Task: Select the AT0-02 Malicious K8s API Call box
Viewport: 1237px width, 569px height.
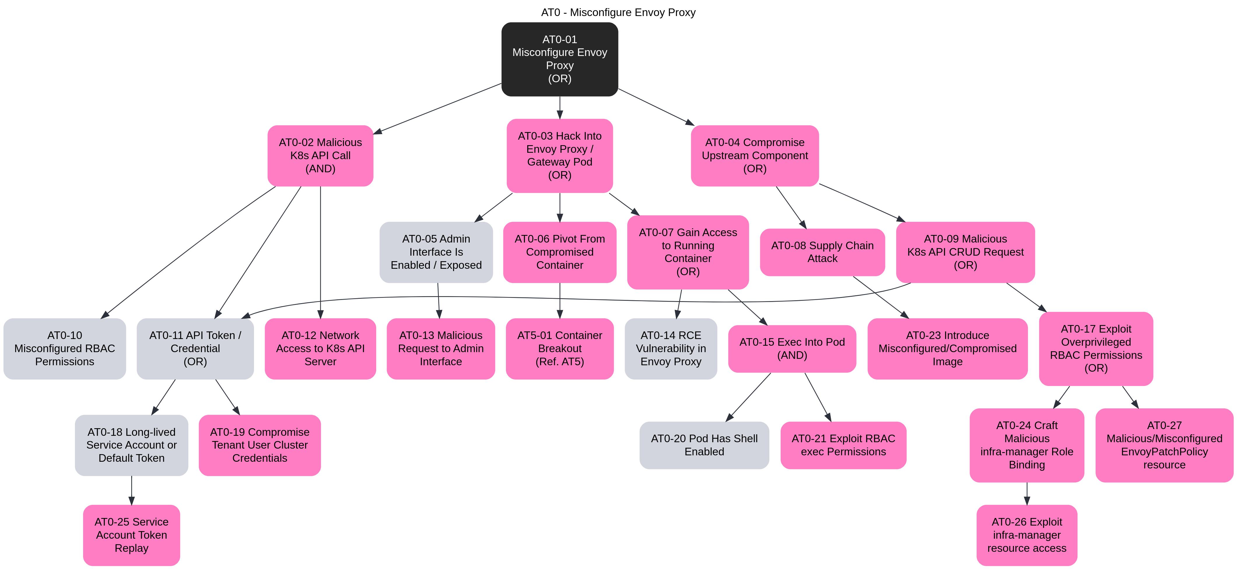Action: (x=320, y=156)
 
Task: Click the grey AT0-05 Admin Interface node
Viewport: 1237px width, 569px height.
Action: (x=436, y=252)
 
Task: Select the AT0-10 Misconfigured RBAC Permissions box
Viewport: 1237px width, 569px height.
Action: (x=65, y=349)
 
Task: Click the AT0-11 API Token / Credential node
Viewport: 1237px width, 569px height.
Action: (x=195, y=349)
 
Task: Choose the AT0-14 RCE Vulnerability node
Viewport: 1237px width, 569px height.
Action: (x=671, y=349)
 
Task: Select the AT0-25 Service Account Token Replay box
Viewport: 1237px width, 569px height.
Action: (x=132, y=535)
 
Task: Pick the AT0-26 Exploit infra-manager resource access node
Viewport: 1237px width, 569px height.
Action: (x=1027, y=535)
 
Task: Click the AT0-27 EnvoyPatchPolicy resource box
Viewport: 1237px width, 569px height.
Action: (x=1164, y=445)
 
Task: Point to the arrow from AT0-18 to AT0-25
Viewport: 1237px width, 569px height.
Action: (x=132, y=490)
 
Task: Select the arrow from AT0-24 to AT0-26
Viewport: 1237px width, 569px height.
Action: (x=1027, y=494)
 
